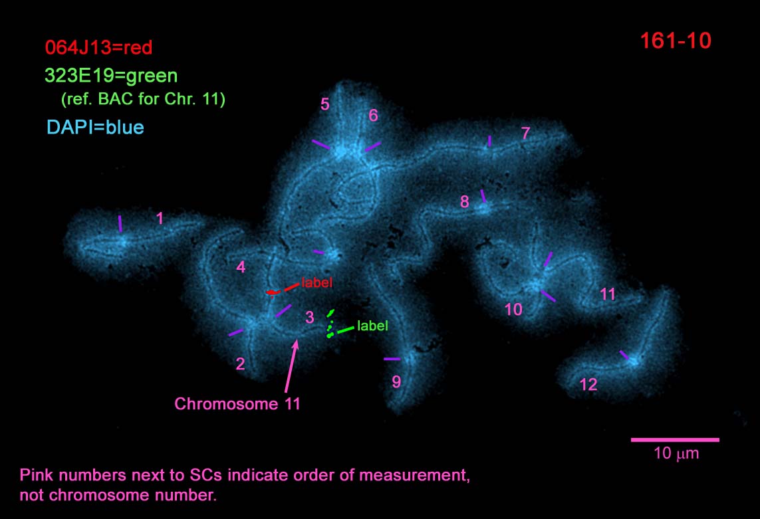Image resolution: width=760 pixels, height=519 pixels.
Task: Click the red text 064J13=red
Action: pyautogui.click(x=99, y=47)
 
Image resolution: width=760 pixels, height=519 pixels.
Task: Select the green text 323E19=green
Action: pyautogui.click(x=111, y=75)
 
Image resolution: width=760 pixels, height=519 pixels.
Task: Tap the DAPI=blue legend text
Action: pyautogui.click(x=96, y=126)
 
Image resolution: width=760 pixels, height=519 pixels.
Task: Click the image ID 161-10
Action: pyautogui.click(x=675, y=41)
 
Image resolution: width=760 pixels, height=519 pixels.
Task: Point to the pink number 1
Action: pyautogui.click(x=160, y=218)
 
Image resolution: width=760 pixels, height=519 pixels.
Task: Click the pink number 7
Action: pyautogui.click(x=525, y=134)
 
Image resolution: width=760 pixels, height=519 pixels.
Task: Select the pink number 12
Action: pyautogui.click(x=588, y=384)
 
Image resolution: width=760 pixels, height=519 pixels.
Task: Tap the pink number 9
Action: pyautogui.click(x=396, y=381)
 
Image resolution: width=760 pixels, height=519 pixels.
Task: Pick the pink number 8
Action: pyautogui.click(x=465, y=202)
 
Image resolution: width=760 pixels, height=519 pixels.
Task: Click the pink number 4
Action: pyautogui.click(x=241, y=267)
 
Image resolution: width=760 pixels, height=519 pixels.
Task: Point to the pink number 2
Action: pyautogui.click(x=241, y=363)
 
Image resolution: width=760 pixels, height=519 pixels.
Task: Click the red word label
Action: pyautogui.click(x=317, y=282)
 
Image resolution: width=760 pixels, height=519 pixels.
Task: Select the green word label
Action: pyautogui.click(x=372, y=326)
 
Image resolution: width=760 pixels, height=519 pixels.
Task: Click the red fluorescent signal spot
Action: pyautogui.click(x=272, y=292)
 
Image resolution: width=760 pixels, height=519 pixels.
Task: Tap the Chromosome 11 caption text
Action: pyautogui.click(x=237, y=403)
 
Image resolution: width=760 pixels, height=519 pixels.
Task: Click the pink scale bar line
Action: pyautogui.click(x=674, y=439)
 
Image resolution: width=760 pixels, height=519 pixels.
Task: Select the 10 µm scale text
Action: pyautogui.click(x=674, y=455)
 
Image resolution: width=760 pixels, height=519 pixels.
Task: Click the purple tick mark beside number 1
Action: pyautogui.click(x=120, y=223)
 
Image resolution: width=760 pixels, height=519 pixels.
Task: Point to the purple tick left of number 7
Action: pyautogui.click(x=489, y=141)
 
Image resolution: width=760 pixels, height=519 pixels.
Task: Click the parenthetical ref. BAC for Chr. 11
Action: pyautogui.click(x=143, y=100)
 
